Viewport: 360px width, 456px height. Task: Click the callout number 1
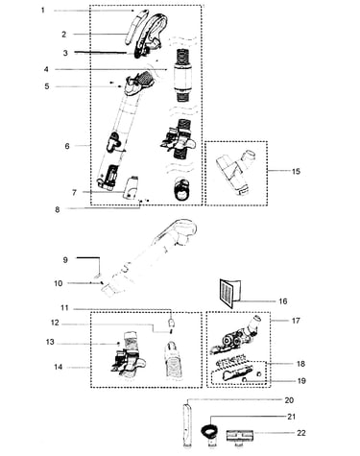(x=43, y=11)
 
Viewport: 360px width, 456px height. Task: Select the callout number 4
(x=46, y=69)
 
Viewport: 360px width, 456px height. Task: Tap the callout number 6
(x=67, y=146)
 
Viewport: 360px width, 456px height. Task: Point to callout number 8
(x=58, y=210)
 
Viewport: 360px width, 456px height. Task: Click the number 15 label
(x=296, y=171)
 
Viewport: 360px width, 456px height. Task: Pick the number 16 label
(x=283, y=301)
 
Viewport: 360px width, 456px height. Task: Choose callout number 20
(x=289, y=400)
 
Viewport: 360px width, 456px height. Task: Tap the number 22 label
(x=301, y=433)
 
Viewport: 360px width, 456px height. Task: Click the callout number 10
(x=59, y=283)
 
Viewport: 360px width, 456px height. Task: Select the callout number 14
(x=58, y=367)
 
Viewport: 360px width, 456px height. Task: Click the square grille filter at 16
(x=229, y=293)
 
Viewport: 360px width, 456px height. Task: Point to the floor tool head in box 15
(x=236, y=171)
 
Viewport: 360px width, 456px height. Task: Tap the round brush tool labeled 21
(x=209, y=432)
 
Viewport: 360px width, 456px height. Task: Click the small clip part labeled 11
(x=171, y=321)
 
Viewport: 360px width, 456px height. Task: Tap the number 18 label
(x=300, y=364)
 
